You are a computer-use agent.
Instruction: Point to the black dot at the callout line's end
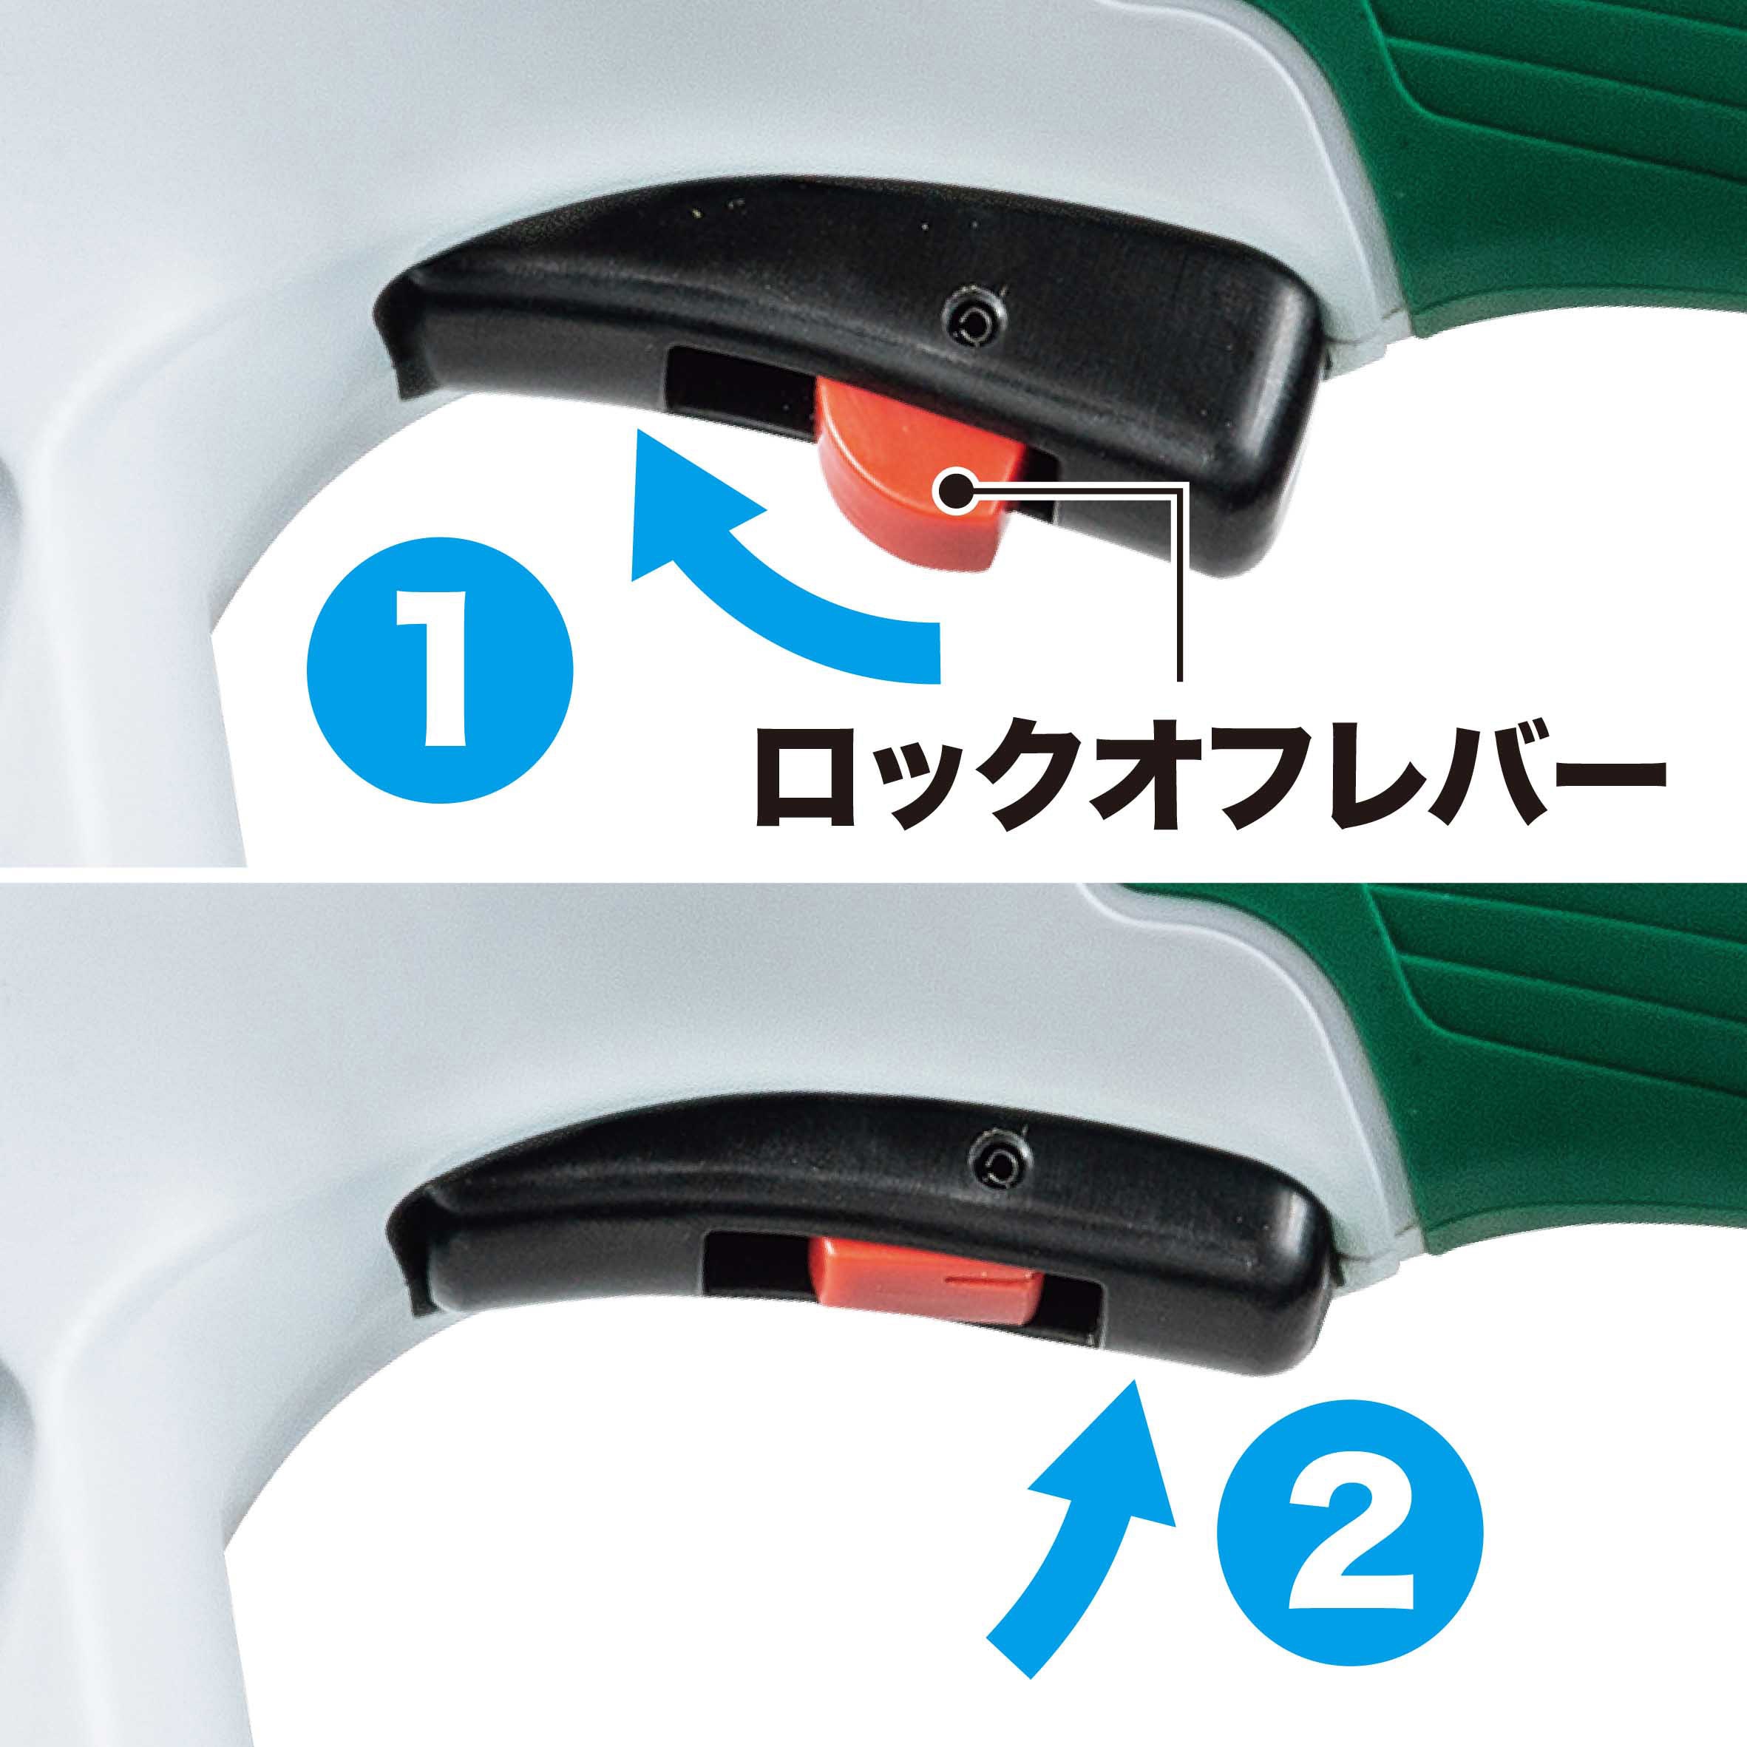click(953, 493)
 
